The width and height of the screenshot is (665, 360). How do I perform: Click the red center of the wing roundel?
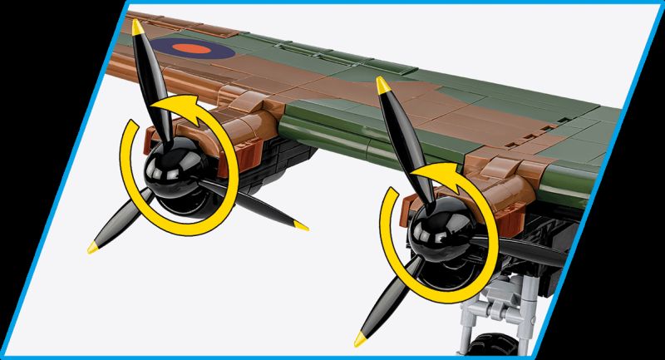pos(196,49)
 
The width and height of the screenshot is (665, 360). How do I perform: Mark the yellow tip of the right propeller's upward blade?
pos(382,84)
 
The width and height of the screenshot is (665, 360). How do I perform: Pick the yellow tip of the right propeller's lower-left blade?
pos(360,337)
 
